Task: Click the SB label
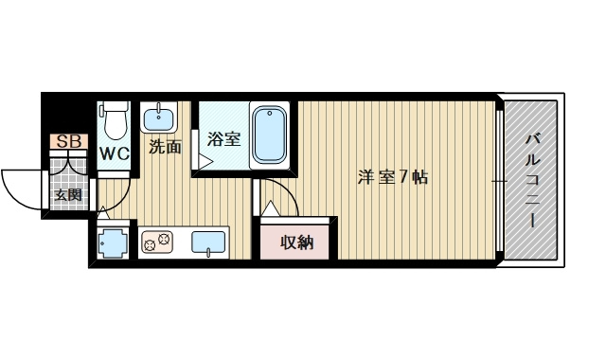pos(68,142)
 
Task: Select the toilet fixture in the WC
pos(115,122)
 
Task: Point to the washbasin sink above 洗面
pos(157,119)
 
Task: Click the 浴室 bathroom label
pos(224,138)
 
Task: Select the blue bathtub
pos(270,135)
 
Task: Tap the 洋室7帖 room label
pos(392,177)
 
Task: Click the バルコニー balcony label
pos(532,180)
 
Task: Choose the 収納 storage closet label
pos(296,242)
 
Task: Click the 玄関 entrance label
pos(66,196)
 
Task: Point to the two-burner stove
pos(156,243)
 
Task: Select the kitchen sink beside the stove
pos(208,243)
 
